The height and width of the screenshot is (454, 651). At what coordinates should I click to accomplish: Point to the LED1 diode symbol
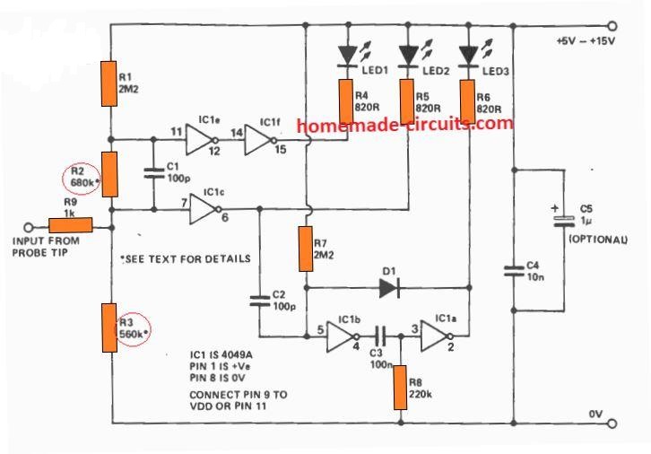[347, 56]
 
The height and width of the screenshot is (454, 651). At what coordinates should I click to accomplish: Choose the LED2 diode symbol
[408, 56]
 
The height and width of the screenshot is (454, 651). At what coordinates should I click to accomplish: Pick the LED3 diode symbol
[467, 56]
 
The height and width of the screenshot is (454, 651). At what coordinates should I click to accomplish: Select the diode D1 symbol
[389, 288]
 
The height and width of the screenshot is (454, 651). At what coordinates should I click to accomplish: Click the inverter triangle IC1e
[202, 139]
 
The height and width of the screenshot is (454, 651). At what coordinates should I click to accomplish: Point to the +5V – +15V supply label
[586, 43]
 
